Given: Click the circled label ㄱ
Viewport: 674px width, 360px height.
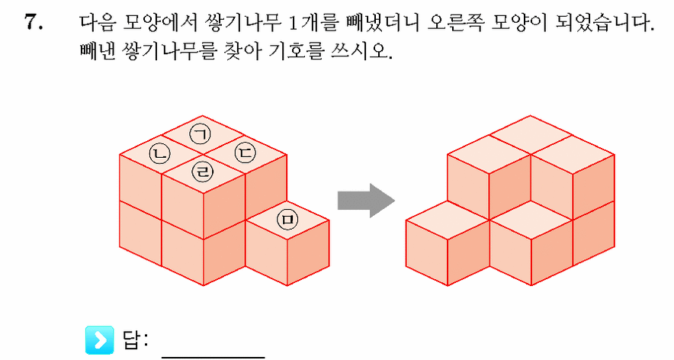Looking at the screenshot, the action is (201, 134).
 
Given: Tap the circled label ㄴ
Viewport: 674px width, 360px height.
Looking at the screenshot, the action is (159, 153).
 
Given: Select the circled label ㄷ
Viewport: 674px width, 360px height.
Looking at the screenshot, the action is (245, 153).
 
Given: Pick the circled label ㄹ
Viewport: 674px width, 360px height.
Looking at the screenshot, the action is (202, 172).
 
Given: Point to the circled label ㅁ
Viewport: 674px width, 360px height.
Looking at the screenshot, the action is (287, 219).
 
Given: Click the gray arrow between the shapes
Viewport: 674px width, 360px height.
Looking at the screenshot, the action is (366, 201).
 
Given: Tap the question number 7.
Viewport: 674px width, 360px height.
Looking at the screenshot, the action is (34, 21).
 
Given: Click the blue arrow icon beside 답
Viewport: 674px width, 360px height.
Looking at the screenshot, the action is (100, 340).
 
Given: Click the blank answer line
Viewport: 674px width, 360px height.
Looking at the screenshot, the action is (213, 356).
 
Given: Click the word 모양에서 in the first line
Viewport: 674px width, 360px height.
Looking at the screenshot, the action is (159, 22).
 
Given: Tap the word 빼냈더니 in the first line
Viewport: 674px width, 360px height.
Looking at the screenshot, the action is (383, 22).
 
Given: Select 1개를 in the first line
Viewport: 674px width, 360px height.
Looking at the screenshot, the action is (313, 22).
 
